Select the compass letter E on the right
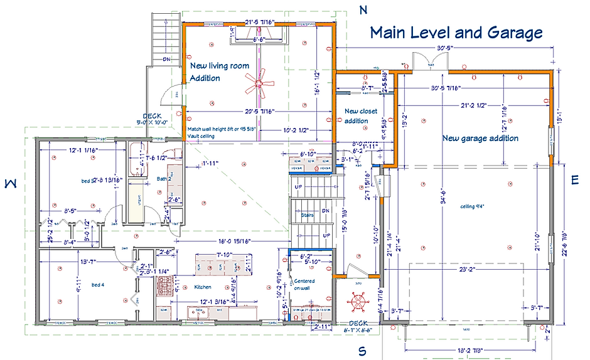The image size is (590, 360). tap(575, 180)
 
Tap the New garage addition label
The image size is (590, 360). tap(480, 138)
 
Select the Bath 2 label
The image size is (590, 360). tap(165, 179)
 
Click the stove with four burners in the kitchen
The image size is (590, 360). tap(166, 288)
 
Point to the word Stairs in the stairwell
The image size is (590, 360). tap(308, 214)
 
